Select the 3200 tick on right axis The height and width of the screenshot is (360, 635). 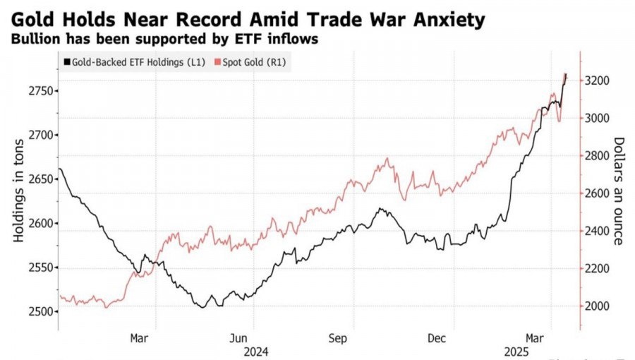(598, 81)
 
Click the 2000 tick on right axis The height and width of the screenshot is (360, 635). (598, 306)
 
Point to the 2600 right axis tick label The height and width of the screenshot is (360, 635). (598, 193)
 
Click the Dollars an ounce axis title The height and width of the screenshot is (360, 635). (618, 191)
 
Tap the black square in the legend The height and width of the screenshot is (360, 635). (66, 62)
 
